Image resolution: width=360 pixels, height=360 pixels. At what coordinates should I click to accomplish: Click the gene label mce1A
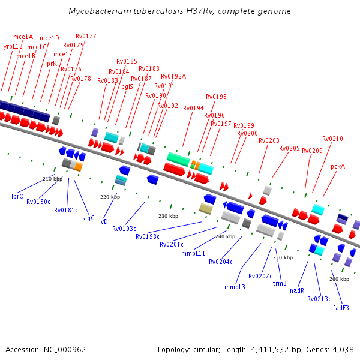point(23,37)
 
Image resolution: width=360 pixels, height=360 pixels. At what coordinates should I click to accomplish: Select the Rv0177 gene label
point(86,37)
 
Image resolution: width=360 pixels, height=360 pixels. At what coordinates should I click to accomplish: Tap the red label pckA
point(338,167)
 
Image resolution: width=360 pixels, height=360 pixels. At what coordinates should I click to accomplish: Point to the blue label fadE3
point(341,308)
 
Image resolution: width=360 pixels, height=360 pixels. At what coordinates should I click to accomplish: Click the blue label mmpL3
point(235,287)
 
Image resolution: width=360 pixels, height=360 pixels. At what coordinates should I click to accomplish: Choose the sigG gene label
point(88,218)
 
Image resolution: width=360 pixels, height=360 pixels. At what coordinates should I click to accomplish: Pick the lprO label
point(17,196)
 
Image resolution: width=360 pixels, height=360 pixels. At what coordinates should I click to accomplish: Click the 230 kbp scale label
point(168,216)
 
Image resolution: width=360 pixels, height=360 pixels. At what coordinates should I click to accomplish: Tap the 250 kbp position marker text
point(283,257)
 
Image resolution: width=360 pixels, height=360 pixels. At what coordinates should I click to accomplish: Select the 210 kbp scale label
point(52,179)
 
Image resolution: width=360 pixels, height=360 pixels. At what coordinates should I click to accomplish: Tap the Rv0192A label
point(173,76)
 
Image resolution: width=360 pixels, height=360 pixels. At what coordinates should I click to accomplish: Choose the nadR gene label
point(297,290)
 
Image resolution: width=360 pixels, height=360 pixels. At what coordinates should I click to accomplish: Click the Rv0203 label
point(269,141)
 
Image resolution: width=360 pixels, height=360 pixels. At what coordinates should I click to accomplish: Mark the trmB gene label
point(280,283)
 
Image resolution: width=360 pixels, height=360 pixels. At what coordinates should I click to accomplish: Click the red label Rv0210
point(332,139)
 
